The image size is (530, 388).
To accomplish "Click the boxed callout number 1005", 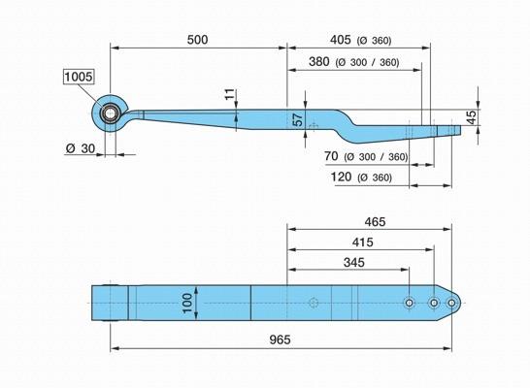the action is [78, 77].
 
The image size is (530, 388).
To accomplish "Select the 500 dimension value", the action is [198, 40].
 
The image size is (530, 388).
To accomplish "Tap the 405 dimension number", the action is [341, 40].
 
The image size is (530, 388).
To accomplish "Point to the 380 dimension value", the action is [319, 61].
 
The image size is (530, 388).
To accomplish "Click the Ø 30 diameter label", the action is [81, 148].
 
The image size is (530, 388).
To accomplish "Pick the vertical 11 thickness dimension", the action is [229, 94].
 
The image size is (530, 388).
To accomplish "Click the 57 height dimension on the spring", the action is [298, 119].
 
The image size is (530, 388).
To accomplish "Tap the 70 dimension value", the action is [331, 156].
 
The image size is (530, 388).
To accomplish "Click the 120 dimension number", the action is [341, 177].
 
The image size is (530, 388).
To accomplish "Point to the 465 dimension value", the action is [375, 222].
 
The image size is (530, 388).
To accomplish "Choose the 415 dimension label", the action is [362, 242].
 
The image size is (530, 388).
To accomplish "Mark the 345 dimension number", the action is [354, 262].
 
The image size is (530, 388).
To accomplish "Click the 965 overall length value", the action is [280, 339].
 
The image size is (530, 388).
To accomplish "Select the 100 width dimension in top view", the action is [187, 303].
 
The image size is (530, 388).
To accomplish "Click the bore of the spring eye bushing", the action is [110, 113].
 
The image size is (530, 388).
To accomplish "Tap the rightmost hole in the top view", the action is [451, 303].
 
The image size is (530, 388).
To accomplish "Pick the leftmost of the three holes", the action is [409, 303].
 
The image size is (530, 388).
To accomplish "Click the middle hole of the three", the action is [434, 303].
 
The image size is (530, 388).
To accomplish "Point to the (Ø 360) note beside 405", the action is [374, 41].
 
